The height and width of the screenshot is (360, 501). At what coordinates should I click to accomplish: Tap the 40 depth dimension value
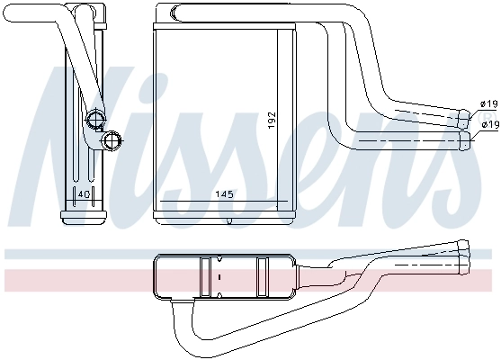point(83,193)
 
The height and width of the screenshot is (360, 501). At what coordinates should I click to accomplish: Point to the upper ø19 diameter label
point(488,104)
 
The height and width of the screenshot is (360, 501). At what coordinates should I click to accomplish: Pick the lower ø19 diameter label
point(488,123)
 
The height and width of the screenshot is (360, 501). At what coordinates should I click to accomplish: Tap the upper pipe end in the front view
point(466,115)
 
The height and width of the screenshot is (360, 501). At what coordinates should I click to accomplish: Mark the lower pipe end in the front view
point(466,139)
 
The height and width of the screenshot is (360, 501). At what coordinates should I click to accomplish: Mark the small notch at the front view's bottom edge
point(230,221)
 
